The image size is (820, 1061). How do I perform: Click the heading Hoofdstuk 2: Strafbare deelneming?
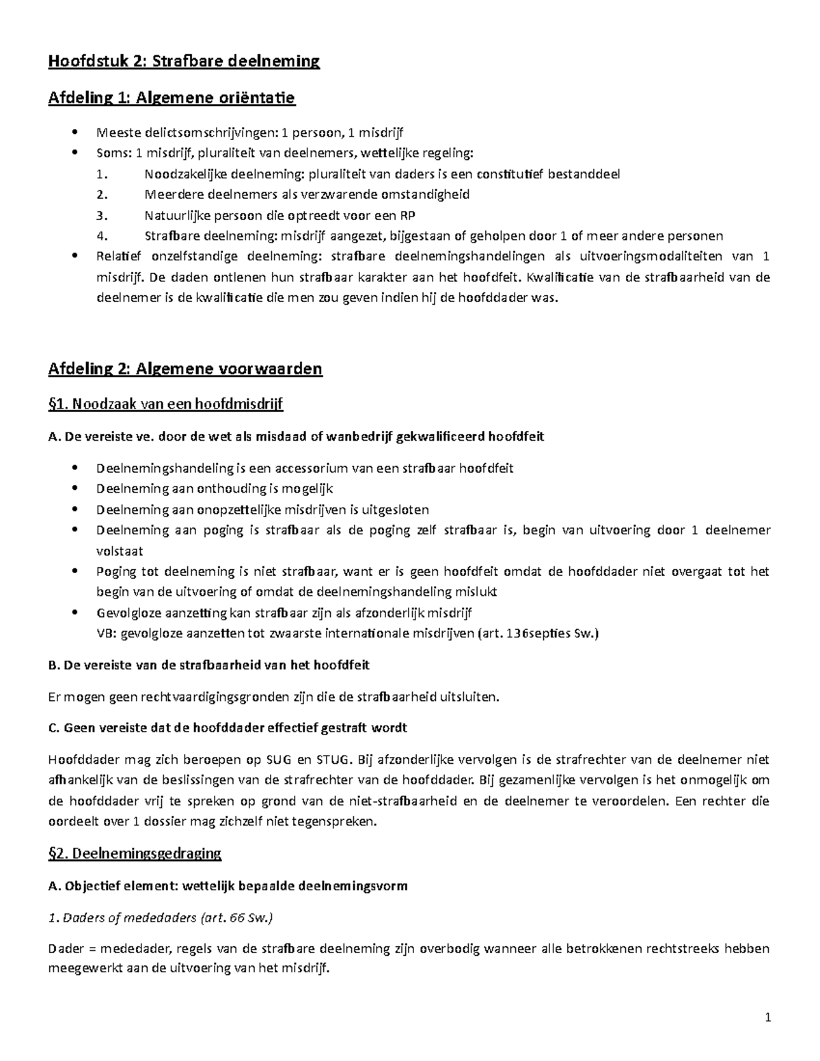click(x=183, y=62)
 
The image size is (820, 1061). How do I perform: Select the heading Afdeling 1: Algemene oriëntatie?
click(x=171, y=98)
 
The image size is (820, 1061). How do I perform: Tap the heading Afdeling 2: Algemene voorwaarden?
click(x=184, y=370)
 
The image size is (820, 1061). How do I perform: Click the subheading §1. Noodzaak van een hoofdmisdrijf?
click(x=165, y=404)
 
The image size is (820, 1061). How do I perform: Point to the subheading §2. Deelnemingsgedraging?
click(x=135, y=853)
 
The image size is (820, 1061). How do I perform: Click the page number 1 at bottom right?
click(x=767, y=1018)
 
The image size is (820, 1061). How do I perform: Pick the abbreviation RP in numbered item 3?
click(x=407, y=216)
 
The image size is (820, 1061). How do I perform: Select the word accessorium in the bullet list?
click(x=311, y=469)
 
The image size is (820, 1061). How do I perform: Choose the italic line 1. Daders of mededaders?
click(x=160, y=918)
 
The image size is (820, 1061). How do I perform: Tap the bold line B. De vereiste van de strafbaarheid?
click(x=209, y=665)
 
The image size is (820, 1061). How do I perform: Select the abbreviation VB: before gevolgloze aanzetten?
click(x=107, y=633)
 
